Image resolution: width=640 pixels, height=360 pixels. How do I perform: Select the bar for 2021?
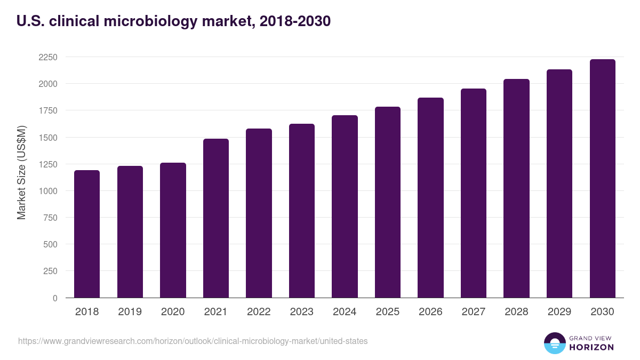(216, 218)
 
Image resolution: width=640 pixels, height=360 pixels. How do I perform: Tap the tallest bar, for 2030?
(602, 178)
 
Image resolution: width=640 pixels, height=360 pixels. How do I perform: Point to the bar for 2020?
(173, 230)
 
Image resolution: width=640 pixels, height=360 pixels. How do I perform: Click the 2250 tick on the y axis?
(48, 57)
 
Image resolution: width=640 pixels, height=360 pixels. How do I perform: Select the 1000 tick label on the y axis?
(48, 191)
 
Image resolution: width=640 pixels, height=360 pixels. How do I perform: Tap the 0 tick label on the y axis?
(54, 298)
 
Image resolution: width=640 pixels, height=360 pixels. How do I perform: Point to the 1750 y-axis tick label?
(48, 110)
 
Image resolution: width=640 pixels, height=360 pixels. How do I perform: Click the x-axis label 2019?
(130, 312)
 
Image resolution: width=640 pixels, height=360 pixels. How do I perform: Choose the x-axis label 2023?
(301, 312)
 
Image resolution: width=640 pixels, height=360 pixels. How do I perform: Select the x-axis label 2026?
(430, 312)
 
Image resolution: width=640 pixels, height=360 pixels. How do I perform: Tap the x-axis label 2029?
(559, 312)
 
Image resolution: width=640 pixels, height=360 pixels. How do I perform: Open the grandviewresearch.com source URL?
(193, 341)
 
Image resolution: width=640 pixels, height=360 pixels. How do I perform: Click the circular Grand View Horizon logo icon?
(554, 343)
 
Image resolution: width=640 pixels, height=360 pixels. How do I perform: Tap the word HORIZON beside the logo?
(591, 347)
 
